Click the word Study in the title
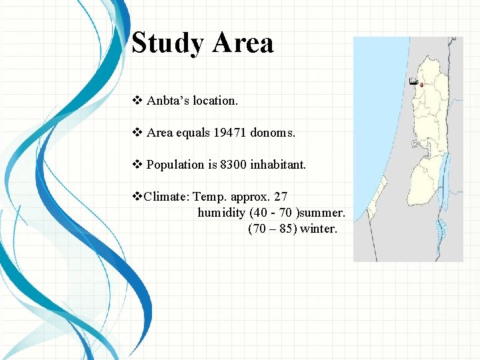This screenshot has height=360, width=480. click(167, 43)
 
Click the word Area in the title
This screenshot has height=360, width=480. click(243, 43)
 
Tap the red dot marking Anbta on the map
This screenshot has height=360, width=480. click(421, 84)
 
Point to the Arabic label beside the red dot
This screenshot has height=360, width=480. click(413, 82)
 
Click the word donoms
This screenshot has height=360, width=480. click(273, 133)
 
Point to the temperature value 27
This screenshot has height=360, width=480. click(280, 197)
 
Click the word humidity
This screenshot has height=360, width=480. click(221, 213)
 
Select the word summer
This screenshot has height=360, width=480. click(324, 213)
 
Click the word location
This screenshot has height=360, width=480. click(215, 101)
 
